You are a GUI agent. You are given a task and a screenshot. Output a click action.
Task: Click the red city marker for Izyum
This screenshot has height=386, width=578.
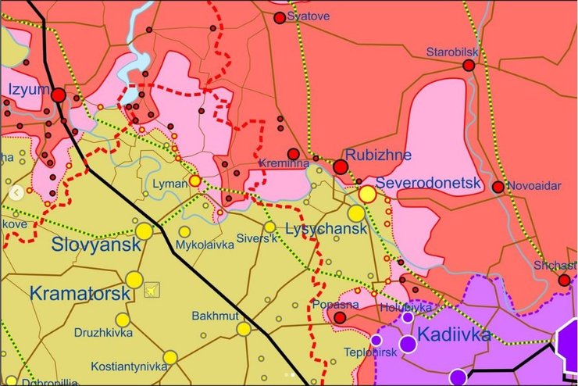point(59,95)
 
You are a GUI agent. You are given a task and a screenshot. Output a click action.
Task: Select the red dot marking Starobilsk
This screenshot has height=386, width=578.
point(469,66)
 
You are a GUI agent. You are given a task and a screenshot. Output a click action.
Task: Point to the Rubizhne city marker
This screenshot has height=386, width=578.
point(341,166)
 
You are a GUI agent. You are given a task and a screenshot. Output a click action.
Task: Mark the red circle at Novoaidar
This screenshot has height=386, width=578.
point(498,187)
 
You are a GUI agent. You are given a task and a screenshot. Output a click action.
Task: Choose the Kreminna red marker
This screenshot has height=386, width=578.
point(293,154)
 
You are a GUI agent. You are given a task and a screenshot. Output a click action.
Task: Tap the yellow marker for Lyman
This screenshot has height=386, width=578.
point(194,180)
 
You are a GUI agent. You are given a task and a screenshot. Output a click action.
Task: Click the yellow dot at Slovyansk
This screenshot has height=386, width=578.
point(144,231)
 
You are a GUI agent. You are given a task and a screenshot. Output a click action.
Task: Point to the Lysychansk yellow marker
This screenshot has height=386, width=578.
point(356,213)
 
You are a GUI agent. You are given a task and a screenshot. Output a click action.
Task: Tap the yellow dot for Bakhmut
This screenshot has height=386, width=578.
point(244,329)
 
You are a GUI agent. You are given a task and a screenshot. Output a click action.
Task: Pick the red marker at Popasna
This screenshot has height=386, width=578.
point(340,317)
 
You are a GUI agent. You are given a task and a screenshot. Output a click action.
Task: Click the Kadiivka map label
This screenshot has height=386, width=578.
point(454,335)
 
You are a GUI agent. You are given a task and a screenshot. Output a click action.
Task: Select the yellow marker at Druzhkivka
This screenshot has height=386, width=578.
point(123,320)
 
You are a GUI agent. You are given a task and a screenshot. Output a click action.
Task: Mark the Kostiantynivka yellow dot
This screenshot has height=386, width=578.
point(171,357)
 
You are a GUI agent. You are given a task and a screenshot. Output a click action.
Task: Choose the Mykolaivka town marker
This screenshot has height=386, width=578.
point(184,232)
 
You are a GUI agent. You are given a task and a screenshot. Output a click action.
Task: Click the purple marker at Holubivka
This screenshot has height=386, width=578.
point(408,317)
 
